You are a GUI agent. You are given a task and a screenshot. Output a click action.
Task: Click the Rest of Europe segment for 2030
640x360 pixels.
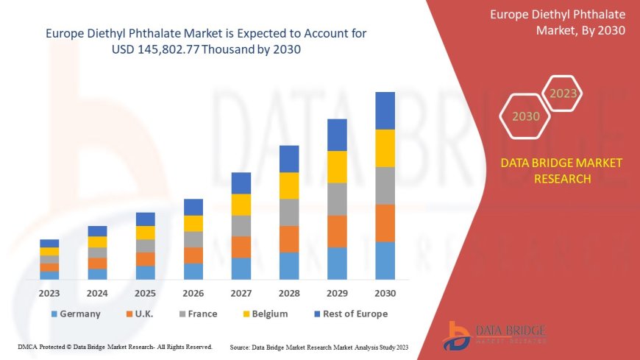tap(385, 110)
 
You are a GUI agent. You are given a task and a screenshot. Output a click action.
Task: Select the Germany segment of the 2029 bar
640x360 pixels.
tap(337, 263)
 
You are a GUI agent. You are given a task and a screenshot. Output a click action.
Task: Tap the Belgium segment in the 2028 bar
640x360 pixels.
tap(289, 186)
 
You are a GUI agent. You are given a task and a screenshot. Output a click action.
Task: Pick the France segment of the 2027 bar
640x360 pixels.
tap(241, 225)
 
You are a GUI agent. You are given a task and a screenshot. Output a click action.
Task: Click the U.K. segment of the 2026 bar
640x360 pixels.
tap(193, 255)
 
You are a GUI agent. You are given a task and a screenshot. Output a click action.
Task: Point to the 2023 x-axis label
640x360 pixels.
tap(50, 292)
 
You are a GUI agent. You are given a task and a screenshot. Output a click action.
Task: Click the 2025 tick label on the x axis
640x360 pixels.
tap(146, 292)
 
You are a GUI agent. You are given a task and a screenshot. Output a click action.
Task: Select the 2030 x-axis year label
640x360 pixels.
tap(385, 292)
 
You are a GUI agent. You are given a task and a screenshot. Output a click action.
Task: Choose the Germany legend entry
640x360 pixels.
tap(76, 314)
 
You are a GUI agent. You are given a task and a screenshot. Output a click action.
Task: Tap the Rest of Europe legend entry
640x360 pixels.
tap(351, 314)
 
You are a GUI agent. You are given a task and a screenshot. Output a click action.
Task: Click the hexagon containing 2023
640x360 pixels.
tap(563, 93)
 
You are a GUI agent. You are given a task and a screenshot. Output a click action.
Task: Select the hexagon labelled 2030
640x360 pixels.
tap(525, 116)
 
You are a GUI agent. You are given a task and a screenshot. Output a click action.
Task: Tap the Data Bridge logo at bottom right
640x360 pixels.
tap(496, 336)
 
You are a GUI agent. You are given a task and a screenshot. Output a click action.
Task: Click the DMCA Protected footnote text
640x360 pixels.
tap(114, 346)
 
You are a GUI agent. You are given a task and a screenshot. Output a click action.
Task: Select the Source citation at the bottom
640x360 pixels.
tap(319, 346)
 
